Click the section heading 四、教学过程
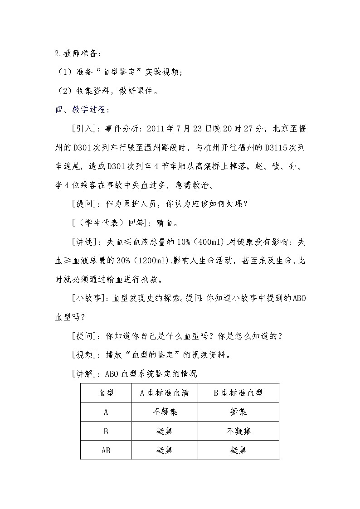coord(79,110)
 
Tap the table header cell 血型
coord(106,393)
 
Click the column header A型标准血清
coord(164,393)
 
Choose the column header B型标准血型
coord(238,393)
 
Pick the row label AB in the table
coord(106,450)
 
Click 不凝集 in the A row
coord(164,412)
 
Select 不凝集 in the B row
coord(238,431)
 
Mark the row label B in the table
coord(106,431)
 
